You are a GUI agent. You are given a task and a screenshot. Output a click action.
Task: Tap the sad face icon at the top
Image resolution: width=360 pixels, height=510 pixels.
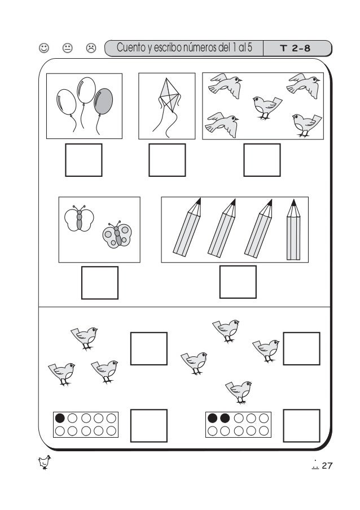click(90, 49)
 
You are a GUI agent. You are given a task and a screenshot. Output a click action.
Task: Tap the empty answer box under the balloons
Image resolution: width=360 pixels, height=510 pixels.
click(84, 160)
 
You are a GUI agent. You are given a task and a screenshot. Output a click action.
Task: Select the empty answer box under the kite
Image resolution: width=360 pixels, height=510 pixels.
click(167, 160)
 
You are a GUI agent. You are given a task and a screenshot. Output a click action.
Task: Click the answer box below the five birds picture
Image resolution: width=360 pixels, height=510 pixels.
click(262, 160)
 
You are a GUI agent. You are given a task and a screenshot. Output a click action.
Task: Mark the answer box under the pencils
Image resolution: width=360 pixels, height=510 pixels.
click(238, 282)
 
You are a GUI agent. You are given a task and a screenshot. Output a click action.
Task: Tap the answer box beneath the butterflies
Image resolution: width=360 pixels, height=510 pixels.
click(100, 282)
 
